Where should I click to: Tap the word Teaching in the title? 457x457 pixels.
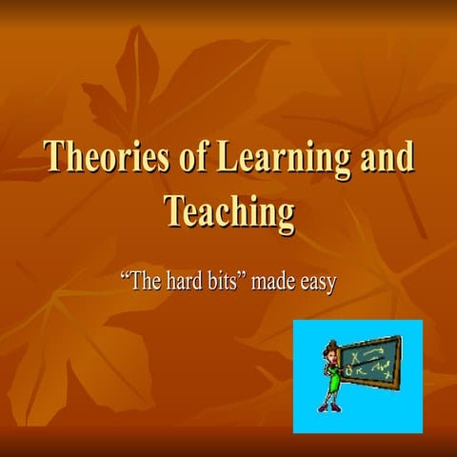point(228,210)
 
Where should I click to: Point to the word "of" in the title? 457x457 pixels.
point(179,157)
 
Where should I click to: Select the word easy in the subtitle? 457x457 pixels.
point(320,284)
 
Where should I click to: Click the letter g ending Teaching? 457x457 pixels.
point(285,215)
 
